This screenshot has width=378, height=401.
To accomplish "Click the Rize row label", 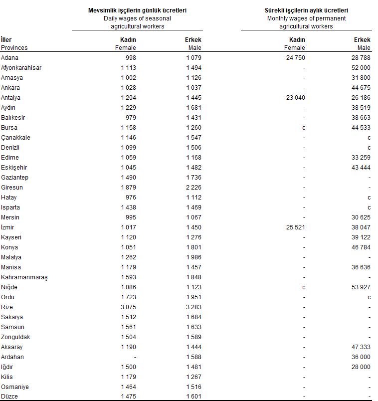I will pos(7,307).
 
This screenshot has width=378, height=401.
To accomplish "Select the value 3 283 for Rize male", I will pos(192,307).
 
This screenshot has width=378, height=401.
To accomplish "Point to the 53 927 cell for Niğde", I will pos(360,287).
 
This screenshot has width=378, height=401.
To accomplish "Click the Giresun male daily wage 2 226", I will pos(192,188).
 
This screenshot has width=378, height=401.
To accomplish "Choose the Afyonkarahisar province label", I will pos(21,68).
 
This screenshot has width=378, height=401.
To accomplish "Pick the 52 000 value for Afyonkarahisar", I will pos(360,68).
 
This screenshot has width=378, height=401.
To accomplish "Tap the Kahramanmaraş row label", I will pos(24,277).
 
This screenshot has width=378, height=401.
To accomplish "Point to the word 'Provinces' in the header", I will pos(14,48).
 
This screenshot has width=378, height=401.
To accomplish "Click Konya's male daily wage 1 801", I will pos(192,247).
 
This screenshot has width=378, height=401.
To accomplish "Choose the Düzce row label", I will pos(9,397).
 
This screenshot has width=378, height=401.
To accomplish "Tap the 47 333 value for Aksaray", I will pos(360,347).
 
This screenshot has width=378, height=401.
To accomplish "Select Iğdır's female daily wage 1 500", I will pos(128,367).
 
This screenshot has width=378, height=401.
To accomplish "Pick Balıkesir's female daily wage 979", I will pos(130,118).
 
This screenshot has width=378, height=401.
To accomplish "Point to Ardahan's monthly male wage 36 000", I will pos(360,357).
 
